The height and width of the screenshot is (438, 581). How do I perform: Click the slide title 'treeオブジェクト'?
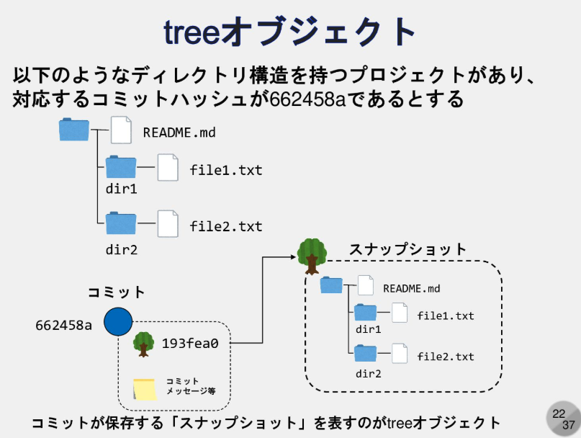pyautogui.click(x=290, y=32)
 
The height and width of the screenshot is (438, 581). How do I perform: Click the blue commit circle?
pyautogui.click(x=117, y=322)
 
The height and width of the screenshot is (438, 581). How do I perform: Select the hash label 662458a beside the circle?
pyautogui.click(x=64, y=325)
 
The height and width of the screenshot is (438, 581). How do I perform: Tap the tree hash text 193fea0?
pyautogui.click(x=190, y=344)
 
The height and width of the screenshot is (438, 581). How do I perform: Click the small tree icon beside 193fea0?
pyautogui.click(x=143, y=344)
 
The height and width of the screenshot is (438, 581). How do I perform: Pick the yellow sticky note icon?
pyautogui.click(x=145, y=389)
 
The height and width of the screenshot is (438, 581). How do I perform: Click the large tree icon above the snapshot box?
pyautogui.click(x=312, y=254)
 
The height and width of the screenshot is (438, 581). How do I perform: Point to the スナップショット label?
pyautogui.click(x=407, y=249)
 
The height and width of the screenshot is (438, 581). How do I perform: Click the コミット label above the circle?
pyautogui.click(x=117, y=292)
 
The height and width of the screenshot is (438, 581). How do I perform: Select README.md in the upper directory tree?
pyautogui.click(x=179, y=133)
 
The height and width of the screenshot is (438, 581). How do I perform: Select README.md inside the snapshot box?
pyautogui.click(x=411, y=288)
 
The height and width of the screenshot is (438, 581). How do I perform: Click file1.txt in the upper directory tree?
pyautogui.click(x=226, y=171)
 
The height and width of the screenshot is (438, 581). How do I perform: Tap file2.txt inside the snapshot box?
pyautogui.click(x=446, y=356)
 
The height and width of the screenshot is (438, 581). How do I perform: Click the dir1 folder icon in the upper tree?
pyautogui.click(x=120, y=168)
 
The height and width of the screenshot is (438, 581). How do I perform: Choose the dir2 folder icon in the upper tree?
pyautogui.click(x=120, y=223)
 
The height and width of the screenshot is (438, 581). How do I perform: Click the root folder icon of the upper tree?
pyautogui.click(x=74, y=130)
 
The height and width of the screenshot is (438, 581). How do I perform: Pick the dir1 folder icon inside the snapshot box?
pyautogui.click(x=365, y=313)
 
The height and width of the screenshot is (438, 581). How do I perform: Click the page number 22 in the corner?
pyautogui.click(x=559, y=414)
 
